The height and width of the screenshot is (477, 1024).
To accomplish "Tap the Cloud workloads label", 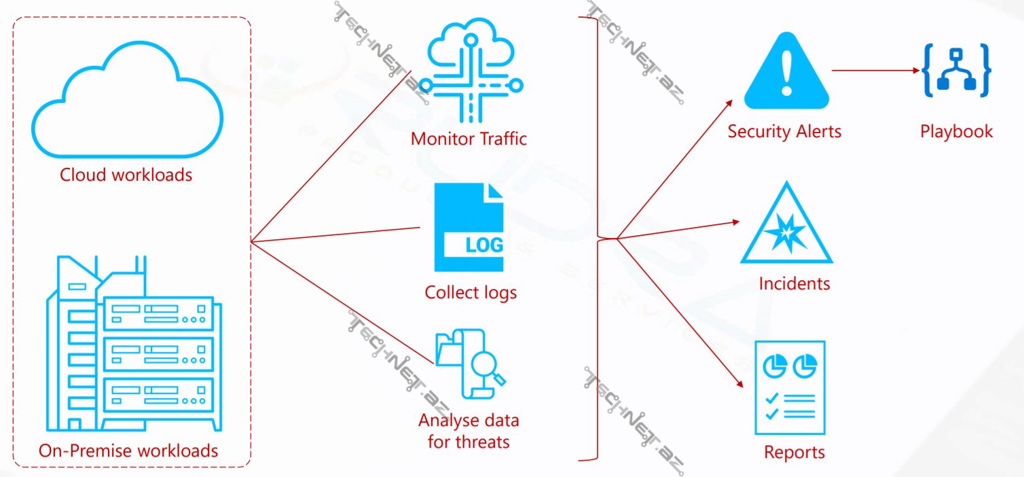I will click(x=126, y=175).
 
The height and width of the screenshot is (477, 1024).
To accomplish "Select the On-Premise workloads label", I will click(x=128, y=450).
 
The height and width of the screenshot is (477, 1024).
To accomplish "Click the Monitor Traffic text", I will click(x=469, y=139).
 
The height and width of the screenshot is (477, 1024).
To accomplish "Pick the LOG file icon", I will click(x=469, y=227).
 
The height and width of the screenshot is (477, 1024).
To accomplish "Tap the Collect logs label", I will click(x=471, y=293).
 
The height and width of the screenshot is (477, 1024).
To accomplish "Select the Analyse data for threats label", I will click(x=469, y=431).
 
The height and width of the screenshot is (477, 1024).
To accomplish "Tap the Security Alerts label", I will click(x=784, y=131).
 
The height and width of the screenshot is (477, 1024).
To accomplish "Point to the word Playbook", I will click(x=956, y=131).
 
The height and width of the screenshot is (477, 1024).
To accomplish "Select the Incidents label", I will click(x=794, y=283).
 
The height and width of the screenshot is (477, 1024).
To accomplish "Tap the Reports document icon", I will click(x=790, y=387).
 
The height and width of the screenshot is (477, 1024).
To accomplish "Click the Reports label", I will click(x=794, y=453).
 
